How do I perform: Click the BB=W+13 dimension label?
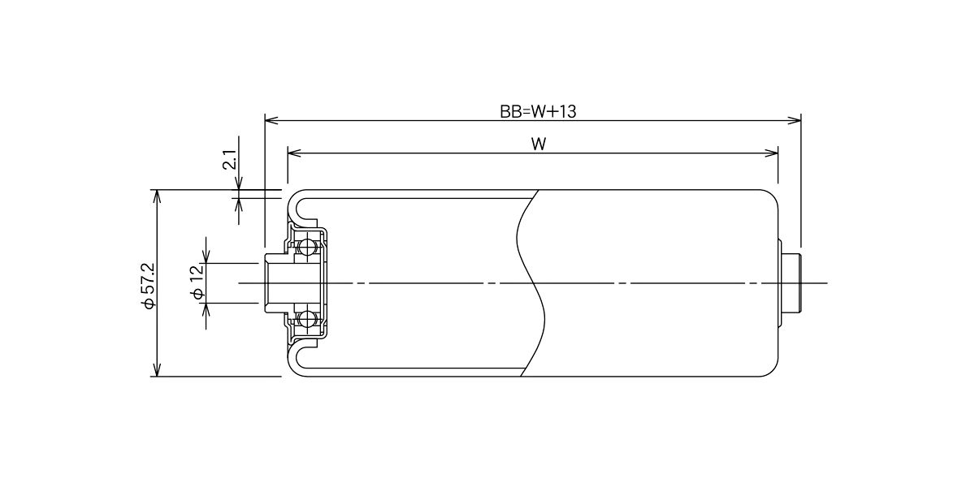(x=538, y=112)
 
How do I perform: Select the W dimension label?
(x=539, y=144)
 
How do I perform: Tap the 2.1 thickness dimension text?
(x=229, y=159)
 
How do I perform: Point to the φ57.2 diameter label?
(x=149, y=286)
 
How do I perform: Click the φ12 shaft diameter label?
(x=197, y=282)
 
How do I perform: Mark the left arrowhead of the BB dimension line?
(x=271, y=120)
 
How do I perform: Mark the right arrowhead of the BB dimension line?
(x=795, y=120)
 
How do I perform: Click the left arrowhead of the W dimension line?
(x=294, y=153)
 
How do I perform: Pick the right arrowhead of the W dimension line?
(x=771, y=153)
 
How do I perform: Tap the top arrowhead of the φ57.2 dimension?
(x=157, y=196)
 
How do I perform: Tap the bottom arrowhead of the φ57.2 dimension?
(x=157, y=369)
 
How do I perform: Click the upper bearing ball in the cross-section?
(x=308, y=248)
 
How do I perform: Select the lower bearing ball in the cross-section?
(x=308, y=319)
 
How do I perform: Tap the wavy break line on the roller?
(x=532, y=283)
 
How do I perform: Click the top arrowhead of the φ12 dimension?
(x=206, y=256)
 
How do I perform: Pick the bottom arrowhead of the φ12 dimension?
(x=206, y=310)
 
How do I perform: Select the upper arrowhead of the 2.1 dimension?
(x=239, y=183)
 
